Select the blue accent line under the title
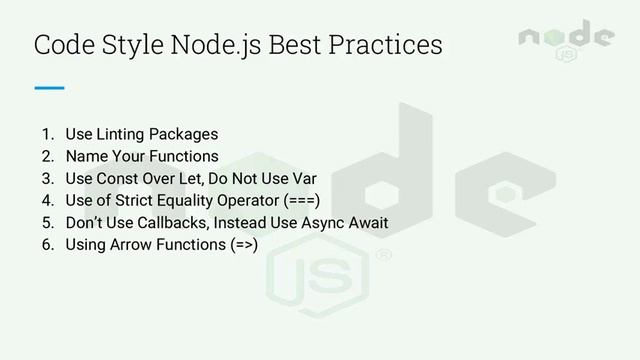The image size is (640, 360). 49,88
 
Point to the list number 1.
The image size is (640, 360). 46,134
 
